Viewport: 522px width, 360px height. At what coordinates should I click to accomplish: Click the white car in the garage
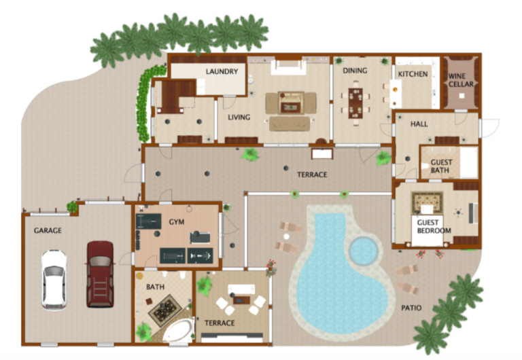[54, 280]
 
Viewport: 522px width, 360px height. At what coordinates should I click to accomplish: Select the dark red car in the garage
[100, 274]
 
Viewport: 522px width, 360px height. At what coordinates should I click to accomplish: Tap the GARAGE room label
[48, 230]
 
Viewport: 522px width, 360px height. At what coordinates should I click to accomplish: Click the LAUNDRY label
[222, 71]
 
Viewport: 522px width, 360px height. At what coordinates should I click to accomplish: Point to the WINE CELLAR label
[461, 80]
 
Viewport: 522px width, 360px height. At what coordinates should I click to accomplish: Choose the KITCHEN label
[413, 74]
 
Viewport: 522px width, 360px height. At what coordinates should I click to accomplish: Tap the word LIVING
[239, 117]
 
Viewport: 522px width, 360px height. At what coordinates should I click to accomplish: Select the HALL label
[419, 124]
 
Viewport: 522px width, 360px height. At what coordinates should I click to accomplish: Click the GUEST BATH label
[441, 166]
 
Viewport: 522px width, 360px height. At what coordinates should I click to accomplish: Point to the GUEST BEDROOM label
[434, 226]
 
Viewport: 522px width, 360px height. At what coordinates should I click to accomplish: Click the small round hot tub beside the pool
[364, 251]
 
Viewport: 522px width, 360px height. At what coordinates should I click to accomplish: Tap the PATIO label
[411, 308]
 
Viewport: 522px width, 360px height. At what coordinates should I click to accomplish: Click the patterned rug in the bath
[165, 310]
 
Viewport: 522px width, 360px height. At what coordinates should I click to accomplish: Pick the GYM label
[177, 222]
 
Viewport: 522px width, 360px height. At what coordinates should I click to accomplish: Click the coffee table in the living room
[291, 107]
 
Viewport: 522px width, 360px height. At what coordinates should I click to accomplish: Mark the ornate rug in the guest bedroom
[427, 203]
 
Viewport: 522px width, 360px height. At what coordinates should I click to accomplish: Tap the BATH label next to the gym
[155, 287]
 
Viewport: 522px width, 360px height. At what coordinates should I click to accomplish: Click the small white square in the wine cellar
[462, 96]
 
